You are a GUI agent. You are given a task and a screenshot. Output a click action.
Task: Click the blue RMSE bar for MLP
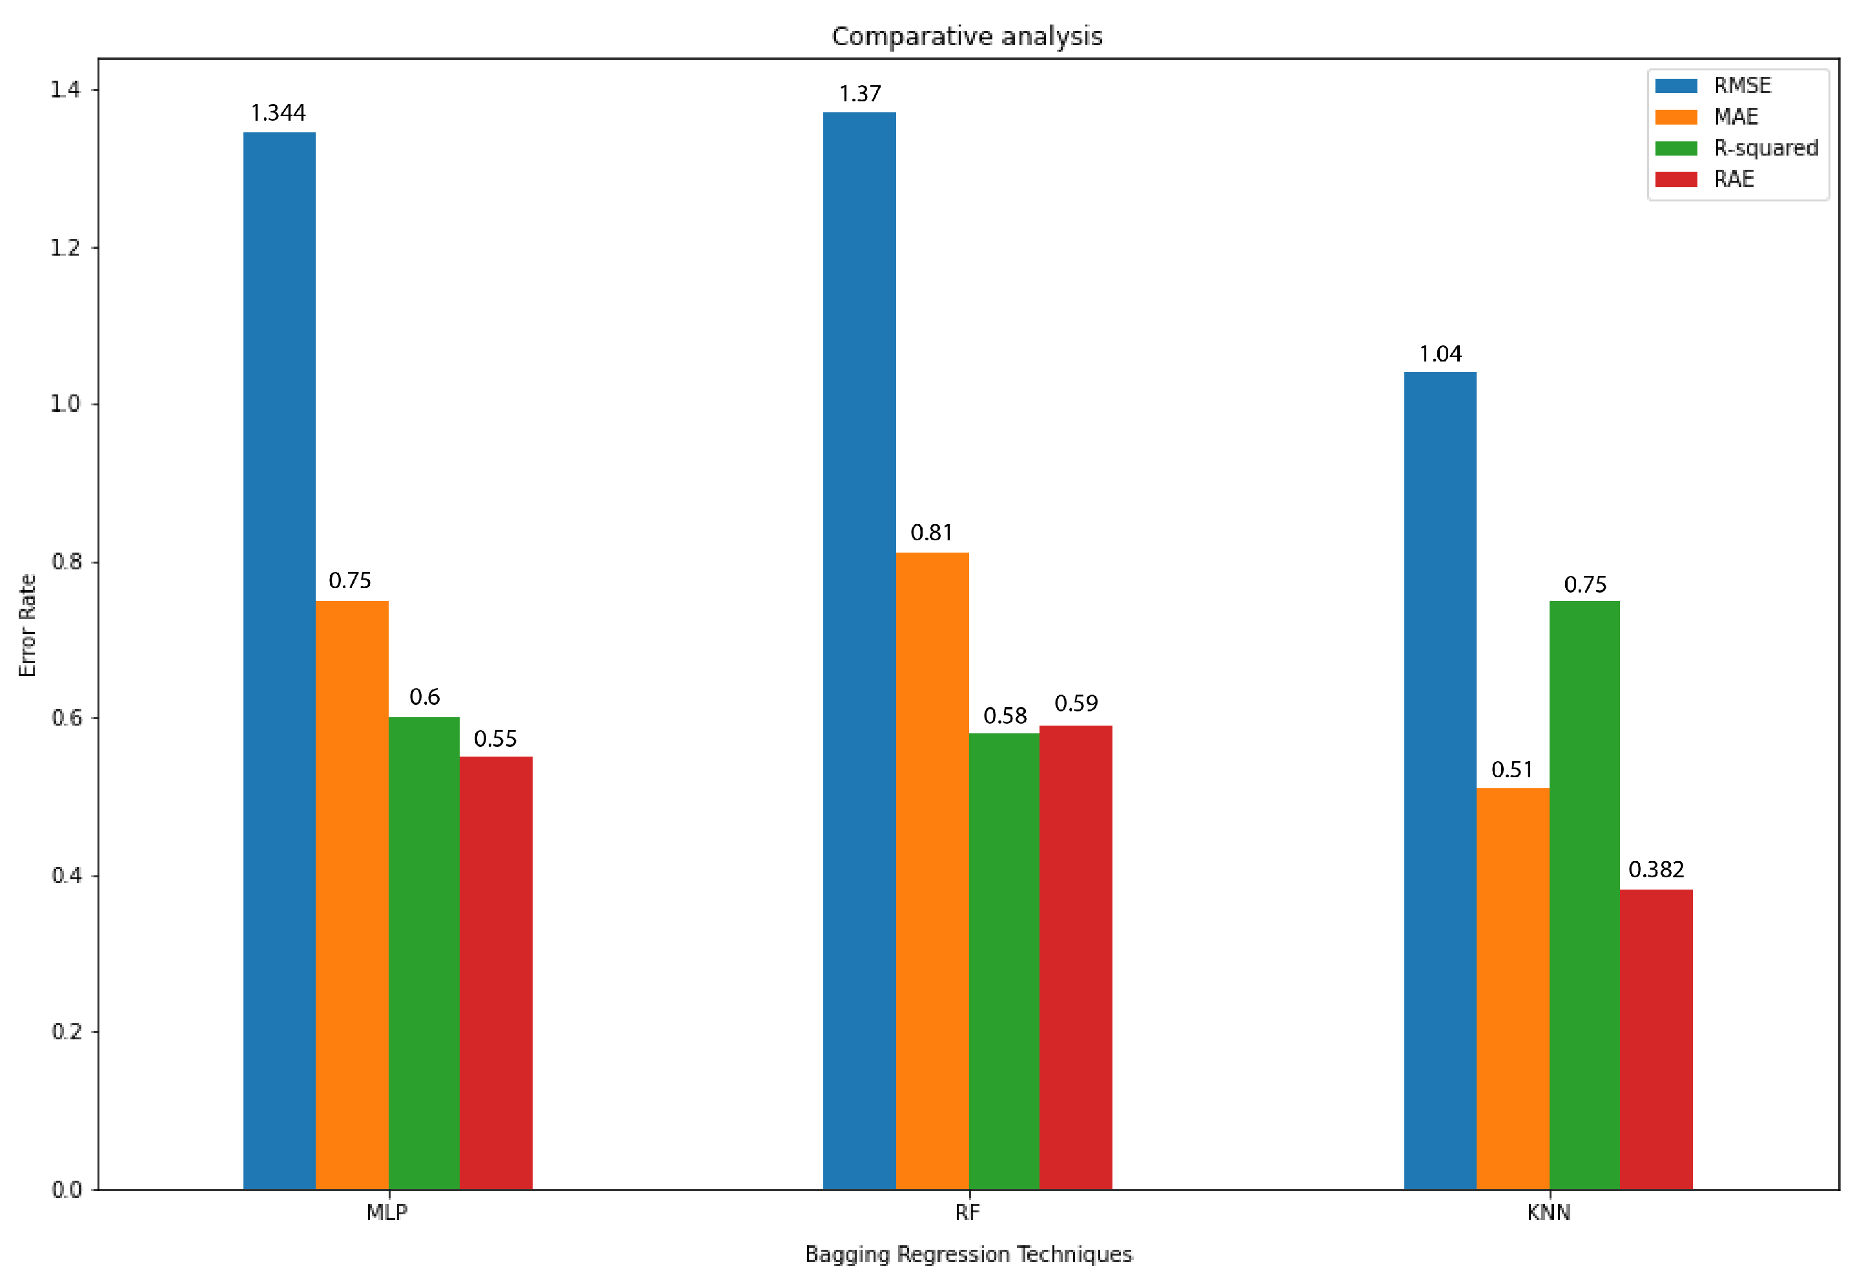279,660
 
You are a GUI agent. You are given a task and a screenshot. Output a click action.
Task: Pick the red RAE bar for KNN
1655,1039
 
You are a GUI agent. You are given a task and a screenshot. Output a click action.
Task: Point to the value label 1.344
278,112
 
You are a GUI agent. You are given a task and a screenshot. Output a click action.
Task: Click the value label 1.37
859,94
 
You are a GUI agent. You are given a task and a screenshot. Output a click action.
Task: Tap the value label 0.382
1655,870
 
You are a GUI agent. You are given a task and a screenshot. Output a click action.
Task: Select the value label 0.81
931,533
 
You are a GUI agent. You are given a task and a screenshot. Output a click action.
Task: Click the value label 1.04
1439,354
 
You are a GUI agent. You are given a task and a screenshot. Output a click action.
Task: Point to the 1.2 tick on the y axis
65,248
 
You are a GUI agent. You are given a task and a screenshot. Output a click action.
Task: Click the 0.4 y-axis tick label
66,875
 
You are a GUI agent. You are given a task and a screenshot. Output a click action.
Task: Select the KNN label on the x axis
1547,1212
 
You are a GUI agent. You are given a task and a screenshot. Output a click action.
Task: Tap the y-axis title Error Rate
27,625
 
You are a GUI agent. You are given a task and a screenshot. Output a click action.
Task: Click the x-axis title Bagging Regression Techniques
968,1254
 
